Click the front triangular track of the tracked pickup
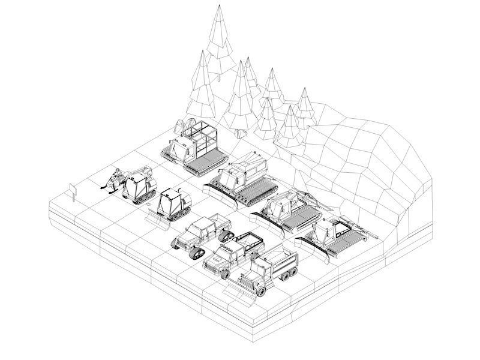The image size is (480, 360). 179,243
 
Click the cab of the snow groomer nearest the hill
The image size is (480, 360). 333,230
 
